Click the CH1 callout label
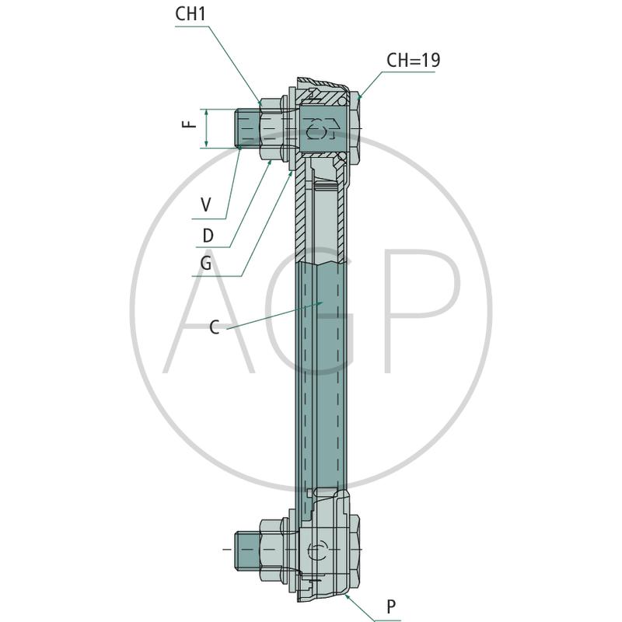click(x=190, y=14)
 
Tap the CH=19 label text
click(x=414, y=61)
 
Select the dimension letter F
click(x=190, y=124)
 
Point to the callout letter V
click(x=206, y=205)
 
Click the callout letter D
click(x=208, y=236)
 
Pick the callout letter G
click(x=206, y=263)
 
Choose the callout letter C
click(x=215, y=327)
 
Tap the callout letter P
click(x=391, y=606)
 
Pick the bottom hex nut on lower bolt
click(x=273, y=550)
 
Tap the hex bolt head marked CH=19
click(x=354, y=128)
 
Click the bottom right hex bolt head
click(x=355, y=550)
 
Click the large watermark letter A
click(x=209, y=312)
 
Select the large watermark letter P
click(x=420, y=312)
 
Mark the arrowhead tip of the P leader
click(x=345, y=594)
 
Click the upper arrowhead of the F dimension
click(x=206, y=112)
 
